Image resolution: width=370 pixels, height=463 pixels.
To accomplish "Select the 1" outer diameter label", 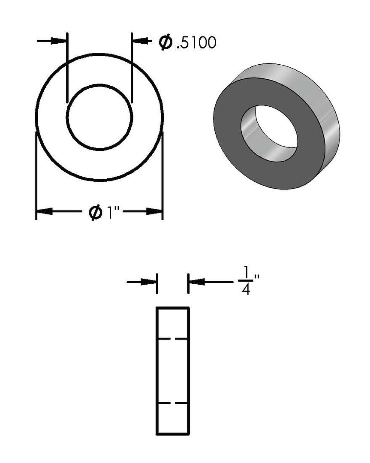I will tap(112, 212).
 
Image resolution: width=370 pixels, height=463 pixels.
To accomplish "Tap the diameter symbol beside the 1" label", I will tap(95, 212).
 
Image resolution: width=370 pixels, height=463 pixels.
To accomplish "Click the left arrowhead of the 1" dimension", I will tap(44, 211).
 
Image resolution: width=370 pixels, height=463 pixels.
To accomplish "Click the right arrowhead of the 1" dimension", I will tap(154, 211).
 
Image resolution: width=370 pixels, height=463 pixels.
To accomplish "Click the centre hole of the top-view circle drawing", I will tap(99, 117).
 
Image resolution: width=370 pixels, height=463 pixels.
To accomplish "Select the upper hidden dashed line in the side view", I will tap(173, 339).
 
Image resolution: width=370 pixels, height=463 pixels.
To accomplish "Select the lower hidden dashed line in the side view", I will tap(173, 403).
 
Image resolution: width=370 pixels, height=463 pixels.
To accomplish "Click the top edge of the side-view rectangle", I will tap(173, 308).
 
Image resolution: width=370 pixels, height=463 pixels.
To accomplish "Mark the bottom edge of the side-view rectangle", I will tap(173, 433).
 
